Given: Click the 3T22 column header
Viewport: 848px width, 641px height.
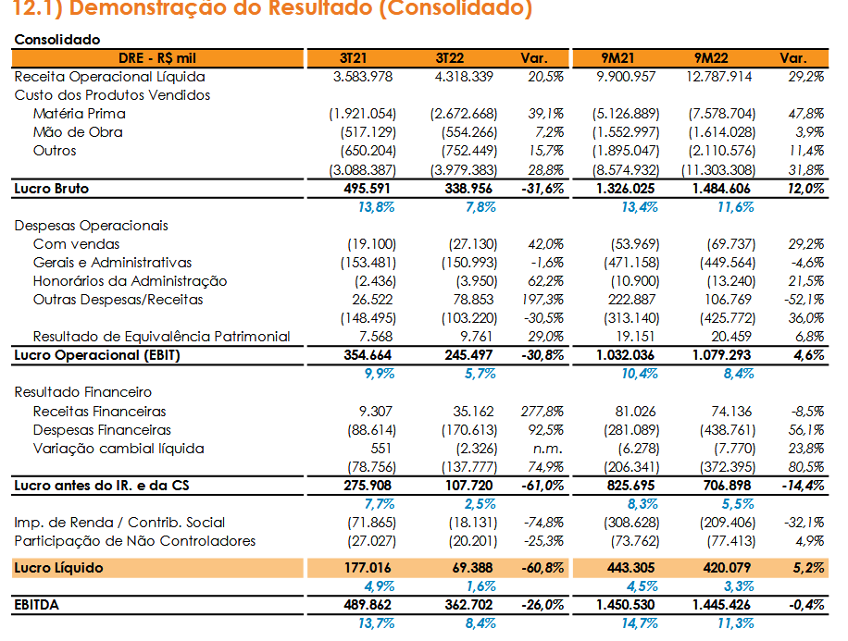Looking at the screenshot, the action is pos(449,58).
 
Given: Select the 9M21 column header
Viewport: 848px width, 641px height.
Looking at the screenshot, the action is pos(617,58).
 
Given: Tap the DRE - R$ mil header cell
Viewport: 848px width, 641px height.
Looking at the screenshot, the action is pos(157,58).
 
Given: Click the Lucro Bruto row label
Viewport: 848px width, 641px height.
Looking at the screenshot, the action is pos(51,189).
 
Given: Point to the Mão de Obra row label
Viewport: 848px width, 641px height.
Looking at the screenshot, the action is pos(78,132).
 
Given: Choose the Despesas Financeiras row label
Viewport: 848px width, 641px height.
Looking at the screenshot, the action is pos(102,430).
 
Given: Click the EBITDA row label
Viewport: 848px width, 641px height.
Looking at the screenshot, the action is pos(36,605).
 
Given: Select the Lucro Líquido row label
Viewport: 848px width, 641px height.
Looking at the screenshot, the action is pos(58,568).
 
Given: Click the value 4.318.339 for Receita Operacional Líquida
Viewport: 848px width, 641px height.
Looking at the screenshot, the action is pos(464,77).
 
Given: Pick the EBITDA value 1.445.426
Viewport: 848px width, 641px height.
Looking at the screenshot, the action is pos(721,605).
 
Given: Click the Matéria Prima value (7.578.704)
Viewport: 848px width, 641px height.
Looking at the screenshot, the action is pos(721,114).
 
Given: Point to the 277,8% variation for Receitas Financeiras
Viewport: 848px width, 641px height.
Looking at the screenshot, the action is pos(542,412).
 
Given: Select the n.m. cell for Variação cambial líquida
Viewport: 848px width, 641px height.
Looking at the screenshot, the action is pos(547,449).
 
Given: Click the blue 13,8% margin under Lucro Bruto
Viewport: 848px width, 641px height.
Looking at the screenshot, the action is pos(377,207).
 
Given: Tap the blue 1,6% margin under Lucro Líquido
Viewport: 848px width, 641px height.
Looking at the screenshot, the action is pos(480,586).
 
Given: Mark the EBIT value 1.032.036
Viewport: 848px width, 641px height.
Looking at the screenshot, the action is pos(625,355).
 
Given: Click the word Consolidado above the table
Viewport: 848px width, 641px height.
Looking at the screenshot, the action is pos(57,40).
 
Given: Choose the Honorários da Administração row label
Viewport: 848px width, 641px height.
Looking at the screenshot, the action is pos(130,281).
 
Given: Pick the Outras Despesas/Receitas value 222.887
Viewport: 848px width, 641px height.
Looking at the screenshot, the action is pos(631,300).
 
